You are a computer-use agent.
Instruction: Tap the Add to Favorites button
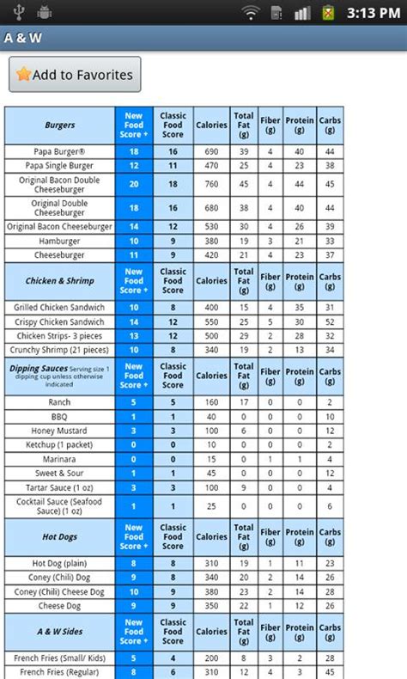click(75, 75)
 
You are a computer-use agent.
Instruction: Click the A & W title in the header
click(22, 39)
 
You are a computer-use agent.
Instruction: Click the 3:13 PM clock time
click(371, 13)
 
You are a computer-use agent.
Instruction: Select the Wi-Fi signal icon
click(251, 13)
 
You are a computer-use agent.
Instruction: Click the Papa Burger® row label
click(60, 151)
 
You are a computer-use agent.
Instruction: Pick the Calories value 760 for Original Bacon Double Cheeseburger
click(210, 183)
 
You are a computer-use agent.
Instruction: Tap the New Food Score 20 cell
click(134, 183)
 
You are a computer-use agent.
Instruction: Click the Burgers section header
click(60, 125)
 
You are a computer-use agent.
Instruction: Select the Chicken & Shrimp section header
click(60, 281)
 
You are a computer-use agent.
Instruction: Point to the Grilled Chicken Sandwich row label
click(60, 307)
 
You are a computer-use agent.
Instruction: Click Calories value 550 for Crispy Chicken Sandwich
click(210, 321)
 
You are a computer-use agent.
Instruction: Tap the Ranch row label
click(60, 401)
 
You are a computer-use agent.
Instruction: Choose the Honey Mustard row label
click(60, 431)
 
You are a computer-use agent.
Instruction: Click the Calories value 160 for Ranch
click(210, 401)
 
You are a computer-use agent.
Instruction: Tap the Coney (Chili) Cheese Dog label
click(60, 591)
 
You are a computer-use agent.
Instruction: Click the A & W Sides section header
click(60, 632)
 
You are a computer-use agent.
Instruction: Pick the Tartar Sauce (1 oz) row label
click(60, 488)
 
